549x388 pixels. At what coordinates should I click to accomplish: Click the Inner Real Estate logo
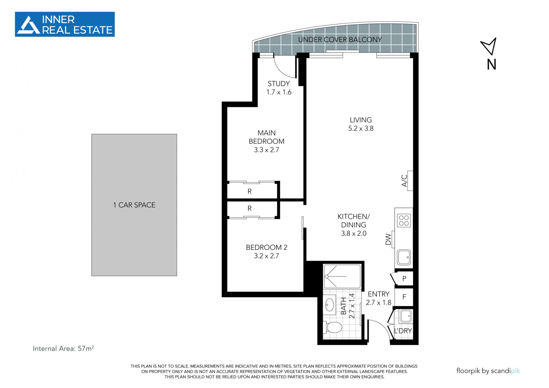[x=65, y=24]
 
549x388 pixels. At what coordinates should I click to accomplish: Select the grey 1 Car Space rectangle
[x=134, y=205]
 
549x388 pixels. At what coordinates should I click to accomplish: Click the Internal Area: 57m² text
[x=63, y=348]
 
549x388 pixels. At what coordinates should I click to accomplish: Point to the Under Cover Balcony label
[x=340, y=39]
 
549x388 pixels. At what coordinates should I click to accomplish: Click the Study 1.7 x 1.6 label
[x=279, y=88]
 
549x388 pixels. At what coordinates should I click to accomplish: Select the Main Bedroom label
[x=266, y=141]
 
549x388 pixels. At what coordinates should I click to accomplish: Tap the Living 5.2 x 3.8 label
[x=361, y=124]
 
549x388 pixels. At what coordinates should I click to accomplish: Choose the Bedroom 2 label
[x=266, y=251]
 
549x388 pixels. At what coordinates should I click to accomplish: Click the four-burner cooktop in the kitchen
[x=404, y=220]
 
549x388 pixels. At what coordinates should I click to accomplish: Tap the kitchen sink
[x=404, y=257]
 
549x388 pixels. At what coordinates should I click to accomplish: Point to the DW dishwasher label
[x=388, y=239]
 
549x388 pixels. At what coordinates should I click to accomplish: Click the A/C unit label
[x=404, y=181]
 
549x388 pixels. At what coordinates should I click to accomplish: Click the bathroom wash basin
[x=330, y=305]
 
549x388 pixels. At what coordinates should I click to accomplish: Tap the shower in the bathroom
[x=342, y=276]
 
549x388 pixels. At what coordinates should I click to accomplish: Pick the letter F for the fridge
[x=404, y=297]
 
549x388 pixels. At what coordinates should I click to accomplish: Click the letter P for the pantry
[x=404, y=278]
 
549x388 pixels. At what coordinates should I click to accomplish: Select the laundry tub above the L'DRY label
[x=405, y=316]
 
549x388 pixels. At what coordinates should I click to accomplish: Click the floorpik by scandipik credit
[x=488, y=371]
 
